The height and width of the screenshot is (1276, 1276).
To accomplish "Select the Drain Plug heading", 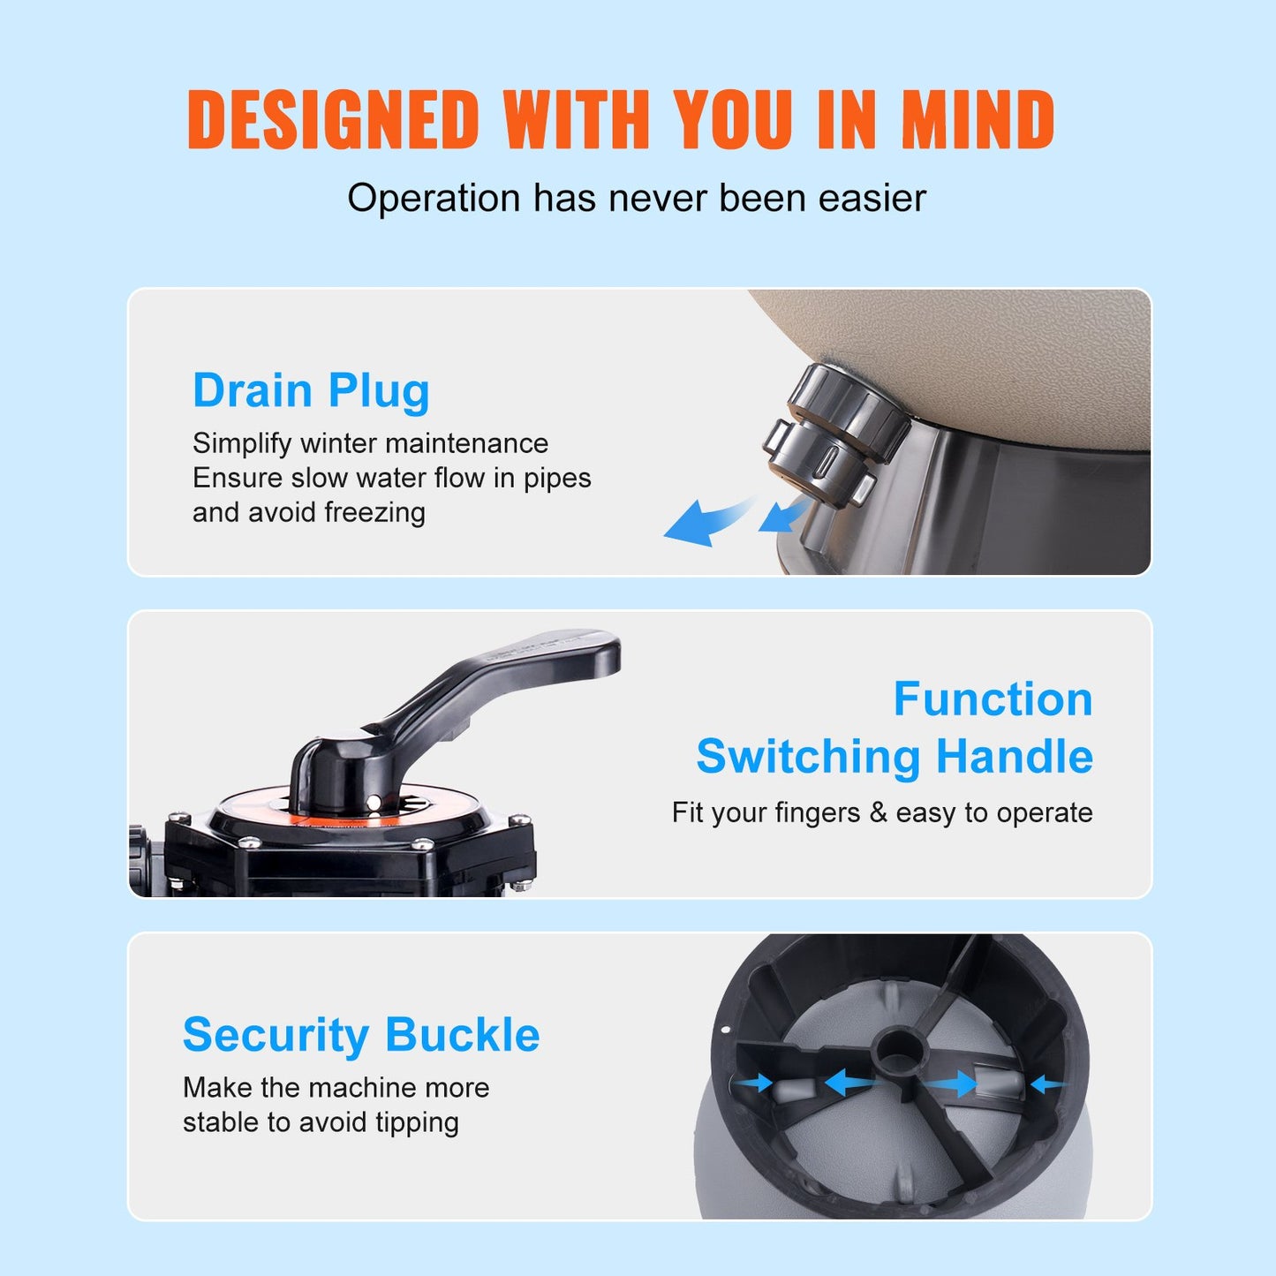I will click(x=311, y=390).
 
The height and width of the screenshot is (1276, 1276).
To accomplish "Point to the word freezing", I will click(x=374, y=512).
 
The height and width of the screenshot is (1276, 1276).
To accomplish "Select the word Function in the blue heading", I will click(x=993, y=699).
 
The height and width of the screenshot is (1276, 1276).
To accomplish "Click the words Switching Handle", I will click(x=894, y=757).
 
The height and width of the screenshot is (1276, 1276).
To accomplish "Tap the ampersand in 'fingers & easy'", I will click(x=878, y=812).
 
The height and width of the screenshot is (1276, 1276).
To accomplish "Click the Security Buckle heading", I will click(x=360, y=1034).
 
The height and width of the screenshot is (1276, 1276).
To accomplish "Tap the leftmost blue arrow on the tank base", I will click(x=753, y=1083).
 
